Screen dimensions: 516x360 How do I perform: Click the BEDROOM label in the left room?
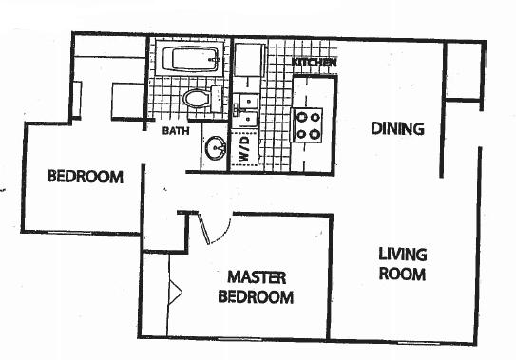click(x=86, y=177)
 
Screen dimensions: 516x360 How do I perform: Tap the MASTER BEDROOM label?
click(x=256, y=287)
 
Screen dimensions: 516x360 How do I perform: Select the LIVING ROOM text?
click(x=403, y=264)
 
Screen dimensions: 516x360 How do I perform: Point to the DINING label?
click(x=397, y=128)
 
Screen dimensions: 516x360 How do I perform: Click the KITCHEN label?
click(x=315, y=62)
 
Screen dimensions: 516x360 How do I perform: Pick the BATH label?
click(x=176, y=131)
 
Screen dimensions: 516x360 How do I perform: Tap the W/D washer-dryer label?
click(x=244, y=149)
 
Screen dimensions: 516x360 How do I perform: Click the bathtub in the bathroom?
click(x=191, y=59)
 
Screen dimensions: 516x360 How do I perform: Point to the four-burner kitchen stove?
click(x=307, y=125)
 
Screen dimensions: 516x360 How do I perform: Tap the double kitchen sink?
click(x=246, y=110)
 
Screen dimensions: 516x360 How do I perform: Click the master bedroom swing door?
click(x=204, y=228)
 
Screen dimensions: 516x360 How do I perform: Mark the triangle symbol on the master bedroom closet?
click(x=175, y=292)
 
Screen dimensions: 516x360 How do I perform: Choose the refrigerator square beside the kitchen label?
click(x=250, y=60)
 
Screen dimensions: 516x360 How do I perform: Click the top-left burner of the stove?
click(x=301, y=117)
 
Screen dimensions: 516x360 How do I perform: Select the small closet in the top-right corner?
click(x=464, y=70)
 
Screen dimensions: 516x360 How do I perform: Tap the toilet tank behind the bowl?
click(x=217, y=99)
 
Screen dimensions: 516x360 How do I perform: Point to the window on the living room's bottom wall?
click(x=418, y=343)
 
